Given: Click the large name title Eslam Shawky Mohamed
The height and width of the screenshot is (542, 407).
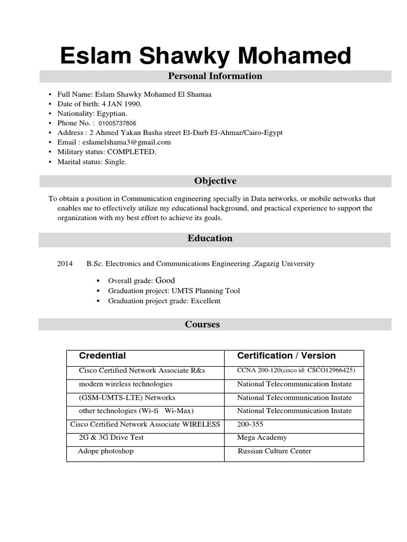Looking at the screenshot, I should click(x=205, y=56).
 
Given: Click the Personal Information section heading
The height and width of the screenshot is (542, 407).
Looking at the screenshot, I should click(x=215, y=76).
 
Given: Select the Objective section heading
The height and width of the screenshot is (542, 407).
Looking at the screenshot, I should click(x=215, y=181).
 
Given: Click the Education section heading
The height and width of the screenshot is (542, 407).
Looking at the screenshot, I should click(x=210, y=238).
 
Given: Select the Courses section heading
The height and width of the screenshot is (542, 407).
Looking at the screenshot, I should click(x=202, y=324).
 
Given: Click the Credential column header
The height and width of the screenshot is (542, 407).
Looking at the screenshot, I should click(x=102, y=356).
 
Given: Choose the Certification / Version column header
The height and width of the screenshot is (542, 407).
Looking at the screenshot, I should click(x=286, y=356).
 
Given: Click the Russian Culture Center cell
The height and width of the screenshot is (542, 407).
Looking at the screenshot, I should click(x=274, y=451).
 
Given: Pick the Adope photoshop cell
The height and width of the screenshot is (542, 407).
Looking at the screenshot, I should click(x=106, y=451).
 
